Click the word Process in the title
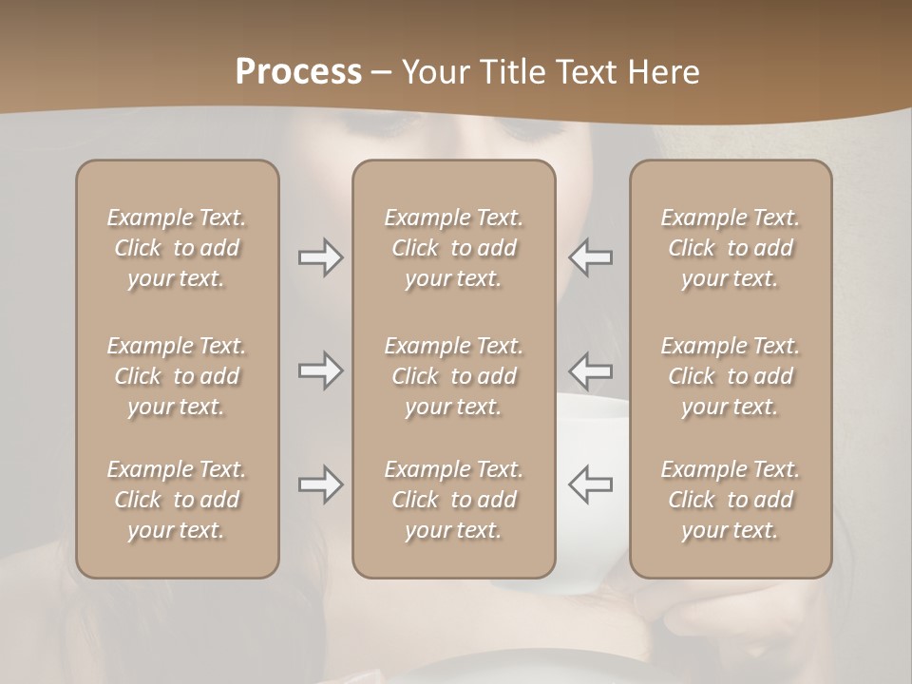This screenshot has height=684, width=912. coord(298,72)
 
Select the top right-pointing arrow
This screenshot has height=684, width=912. coord(320,257)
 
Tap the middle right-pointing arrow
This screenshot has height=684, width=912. coord(320,370)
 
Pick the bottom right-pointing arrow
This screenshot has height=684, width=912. coord(320,484)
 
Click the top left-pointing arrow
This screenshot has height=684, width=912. coord(591,257)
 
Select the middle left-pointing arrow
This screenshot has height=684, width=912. coord(591,370)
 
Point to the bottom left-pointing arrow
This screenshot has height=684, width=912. coord(591,484)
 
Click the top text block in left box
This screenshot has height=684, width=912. coord(177,248)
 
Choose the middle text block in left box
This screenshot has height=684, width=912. coord(177,376)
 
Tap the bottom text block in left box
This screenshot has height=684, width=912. coord(177,500)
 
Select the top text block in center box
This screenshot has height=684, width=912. coord(454,248)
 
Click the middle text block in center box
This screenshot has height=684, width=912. coord(454,376)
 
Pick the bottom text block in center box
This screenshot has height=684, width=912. coord(454,500)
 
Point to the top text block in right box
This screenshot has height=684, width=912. coord(731,248)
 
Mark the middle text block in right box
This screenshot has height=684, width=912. coord(731,376)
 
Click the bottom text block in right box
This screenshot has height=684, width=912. coord(731,500)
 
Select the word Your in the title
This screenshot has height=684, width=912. coord(435,72)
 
